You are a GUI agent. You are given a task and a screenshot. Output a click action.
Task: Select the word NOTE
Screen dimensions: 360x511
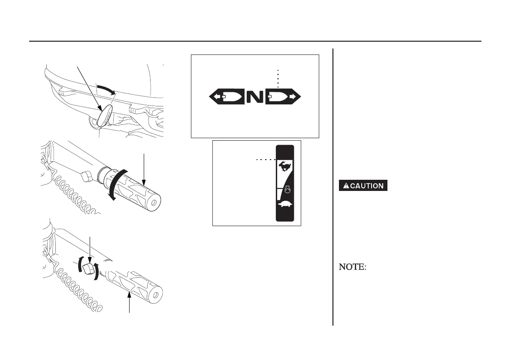click(353, 267)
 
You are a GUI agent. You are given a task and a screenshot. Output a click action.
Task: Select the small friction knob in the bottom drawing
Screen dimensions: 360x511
click(89, 269)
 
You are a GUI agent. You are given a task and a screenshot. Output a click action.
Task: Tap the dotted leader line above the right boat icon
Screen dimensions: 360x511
click(278, 78)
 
